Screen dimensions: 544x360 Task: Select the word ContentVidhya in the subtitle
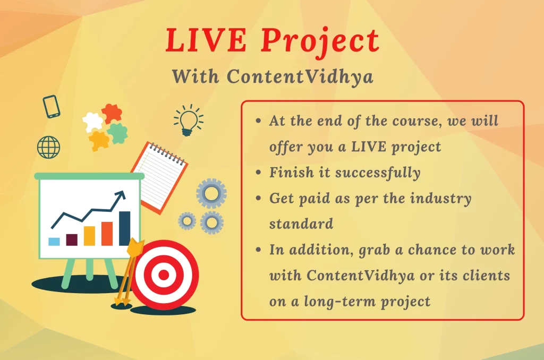click(x=300, y=76)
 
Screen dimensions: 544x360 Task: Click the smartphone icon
click(x=52, y=107)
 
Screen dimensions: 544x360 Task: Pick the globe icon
click(x=48, y=147)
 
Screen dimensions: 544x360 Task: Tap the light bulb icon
click(x=189, y=120)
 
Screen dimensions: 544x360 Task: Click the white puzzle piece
click(x=92, y=122)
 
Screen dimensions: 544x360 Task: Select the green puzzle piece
click(x=117, y=133)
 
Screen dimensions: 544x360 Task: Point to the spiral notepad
click(x=159, y=177)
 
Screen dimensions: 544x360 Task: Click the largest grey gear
click(x=211, y=193)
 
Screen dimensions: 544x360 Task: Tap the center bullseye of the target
click(x=164, y=275)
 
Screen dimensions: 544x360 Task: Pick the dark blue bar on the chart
click(x=124, y=228)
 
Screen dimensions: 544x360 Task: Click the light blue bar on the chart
click(x=54, y=242)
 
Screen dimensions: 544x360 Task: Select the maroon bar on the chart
click(x=72, y=239)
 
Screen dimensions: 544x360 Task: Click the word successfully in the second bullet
click(x=378, y=173)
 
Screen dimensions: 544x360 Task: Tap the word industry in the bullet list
click(x=440, y=199)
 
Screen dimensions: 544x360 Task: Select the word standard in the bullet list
click(x=301, y=224)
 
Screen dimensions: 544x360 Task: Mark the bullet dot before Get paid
click(x=258, y=198)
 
